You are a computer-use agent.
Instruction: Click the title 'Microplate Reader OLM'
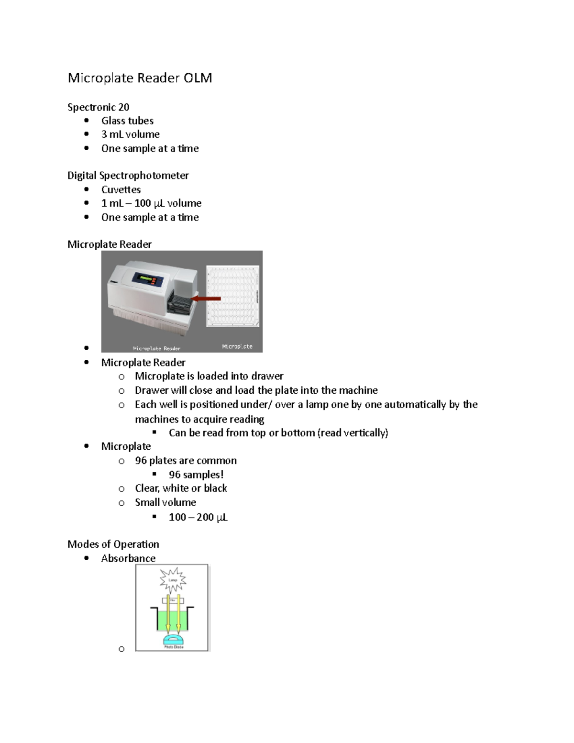[x=140, y=78]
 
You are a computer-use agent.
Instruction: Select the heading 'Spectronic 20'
[x=98, y=107]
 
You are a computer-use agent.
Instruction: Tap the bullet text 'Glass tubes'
[x=127, y=121]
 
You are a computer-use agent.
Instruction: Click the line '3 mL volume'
[x=130, y=134]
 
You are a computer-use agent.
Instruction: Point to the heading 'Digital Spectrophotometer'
[x=128, y=176]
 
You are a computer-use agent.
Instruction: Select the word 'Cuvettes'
[x=121, y=189]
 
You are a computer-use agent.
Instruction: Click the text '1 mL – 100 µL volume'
[x=151, y=203]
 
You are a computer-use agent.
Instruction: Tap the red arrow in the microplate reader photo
[x=206, y=299]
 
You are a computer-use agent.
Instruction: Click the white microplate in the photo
[x=233, y=297]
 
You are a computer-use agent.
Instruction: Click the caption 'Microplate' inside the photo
[x=237, y=346]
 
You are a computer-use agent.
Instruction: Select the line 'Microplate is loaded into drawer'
[x=209, y=376]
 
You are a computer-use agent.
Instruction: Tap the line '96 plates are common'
[x=186, y=461]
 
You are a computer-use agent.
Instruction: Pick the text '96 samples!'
[x=196, y=475]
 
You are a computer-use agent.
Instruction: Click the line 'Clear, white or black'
[x=181, y=488]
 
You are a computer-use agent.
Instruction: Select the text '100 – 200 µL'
[x=198, y=517]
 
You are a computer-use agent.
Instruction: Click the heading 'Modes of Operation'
[x=113, y=544]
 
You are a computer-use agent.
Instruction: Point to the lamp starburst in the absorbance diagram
[x=173, y=579]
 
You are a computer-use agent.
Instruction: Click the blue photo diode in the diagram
[x=173, y=639]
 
